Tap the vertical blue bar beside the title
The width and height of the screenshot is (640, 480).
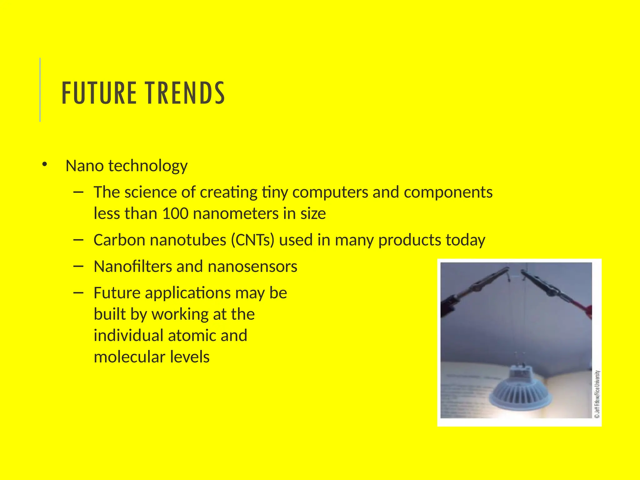point(40,90)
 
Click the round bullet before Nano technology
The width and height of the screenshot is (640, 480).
point(44,164)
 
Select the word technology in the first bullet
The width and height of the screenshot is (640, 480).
point(148,166)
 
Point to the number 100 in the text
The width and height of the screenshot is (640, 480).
point(175,214)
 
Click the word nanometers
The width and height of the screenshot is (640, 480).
point(236,214)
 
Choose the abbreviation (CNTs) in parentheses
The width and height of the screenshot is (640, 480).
point(252,240)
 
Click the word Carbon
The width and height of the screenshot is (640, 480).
point(119,240)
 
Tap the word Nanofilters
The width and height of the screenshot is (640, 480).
point(132,267)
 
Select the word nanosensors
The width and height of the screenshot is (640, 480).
point(252,267)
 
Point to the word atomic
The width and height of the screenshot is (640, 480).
point(192,336)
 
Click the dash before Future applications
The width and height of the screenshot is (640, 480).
point(78,293)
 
